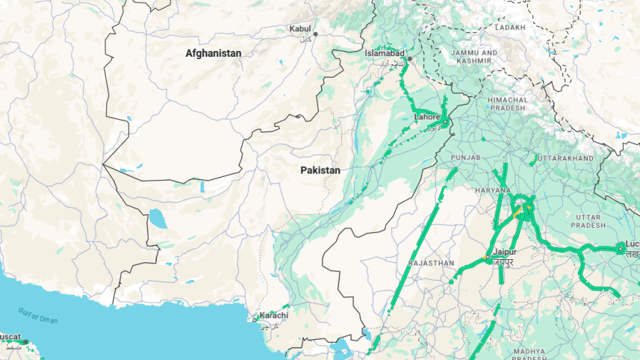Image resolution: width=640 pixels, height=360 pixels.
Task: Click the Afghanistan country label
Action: (x=214, y=53)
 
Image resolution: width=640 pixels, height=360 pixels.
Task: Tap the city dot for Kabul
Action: (x=316, y=34)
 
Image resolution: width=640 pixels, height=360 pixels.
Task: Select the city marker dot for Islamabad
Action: (x=409, y=58)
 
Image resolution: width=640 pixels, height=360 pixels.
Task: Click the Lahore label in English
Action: (x=427, y=117)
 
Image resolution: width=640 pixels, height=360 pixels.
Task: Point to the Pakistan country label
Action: (x=320, y=170)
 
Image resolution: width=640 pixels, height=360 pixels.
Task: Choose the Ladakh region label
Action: (x=510, y=27)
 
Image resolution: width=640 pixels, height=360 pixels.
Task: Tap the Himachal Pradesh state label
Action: (x=508, y=103)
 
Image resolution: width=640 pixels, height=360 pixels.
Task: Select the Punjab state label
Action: (x=466, y=158)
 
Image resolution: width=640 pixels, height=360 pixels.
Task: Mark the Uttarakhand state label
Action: (x=565, y=158)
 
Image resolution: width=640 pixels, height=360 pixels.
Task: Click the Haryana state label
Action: (x=492, y=190)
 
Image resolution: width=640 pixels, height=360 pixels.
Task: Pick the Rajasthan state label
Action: (x=432, y=263)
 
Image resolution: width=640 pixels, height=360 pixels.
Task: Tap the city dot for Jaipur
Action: (x=487, y=258)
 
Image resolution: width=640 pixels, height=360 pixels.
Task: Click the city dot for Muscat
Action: (x=25, y=342)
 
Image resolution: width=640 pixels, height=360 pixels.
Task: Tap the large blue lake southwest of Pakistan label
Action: (x=158, y=219)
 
